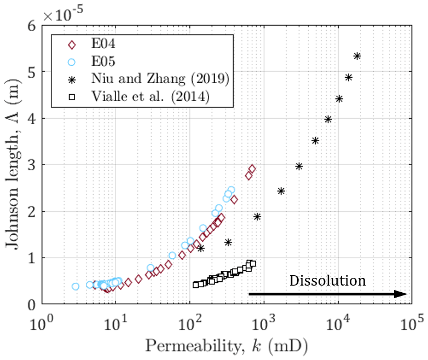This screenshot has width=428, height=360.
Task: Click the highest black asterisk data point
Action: point(357,56)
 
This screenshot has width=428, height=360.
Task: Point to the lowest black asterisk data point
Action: point(201,248)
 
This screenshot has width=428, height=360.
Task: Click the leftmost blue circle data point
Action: point(76,286)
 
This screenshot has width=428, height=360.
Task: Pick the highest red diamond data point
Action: point(252,169)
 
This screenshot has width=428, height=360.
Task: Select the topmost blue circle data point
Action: point(231,190)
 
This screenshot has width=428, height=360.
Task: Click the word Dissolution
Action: point(327,281)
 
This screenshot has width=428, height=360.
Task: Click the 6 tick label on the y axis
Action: point(31,26)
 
